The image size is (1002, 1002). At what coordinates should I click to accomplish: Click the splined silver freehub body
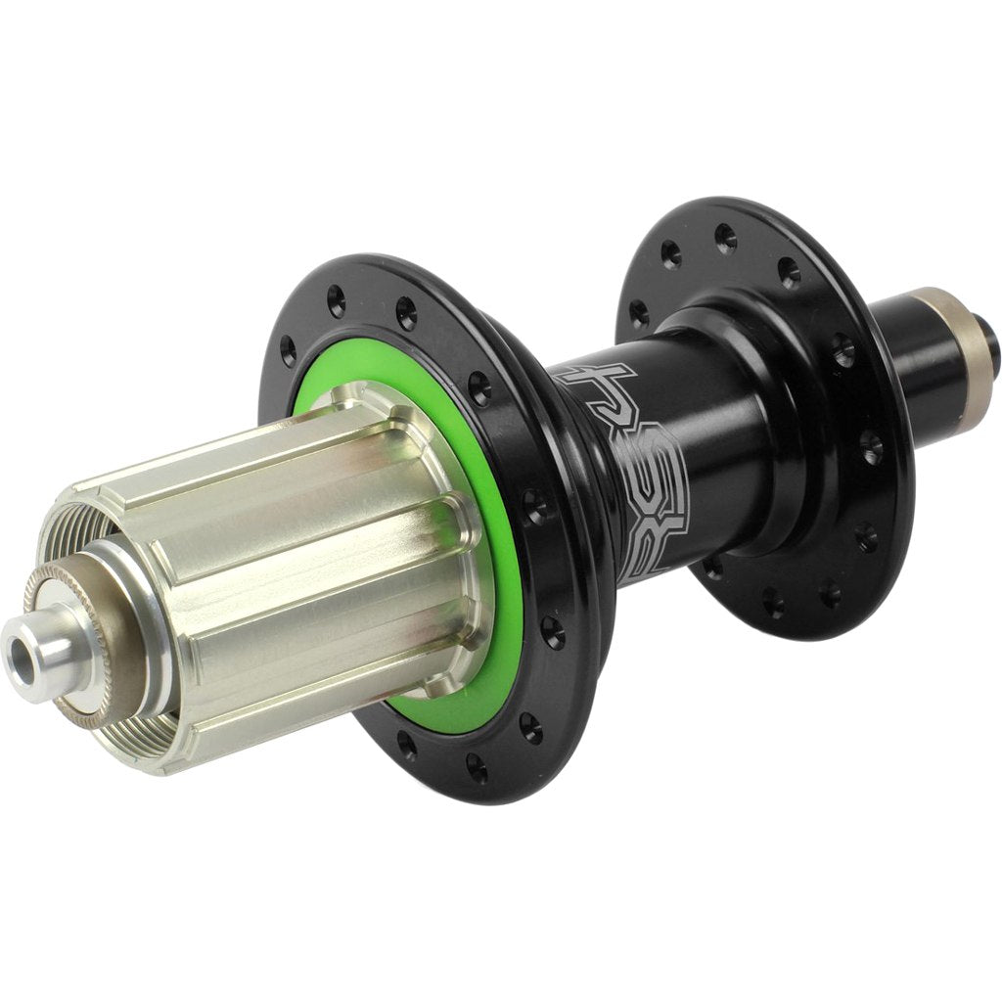(x=294, y=548)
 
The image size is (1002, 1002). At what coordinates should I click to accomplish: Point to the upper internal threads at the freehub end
(x=73, y=528)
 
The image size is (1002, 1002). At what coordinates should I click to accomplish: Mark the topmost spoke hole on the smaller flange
(x=725, y=235)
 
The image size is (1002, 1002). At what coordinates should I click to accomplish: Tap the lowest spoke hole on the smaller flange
(x=774, y=602)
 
